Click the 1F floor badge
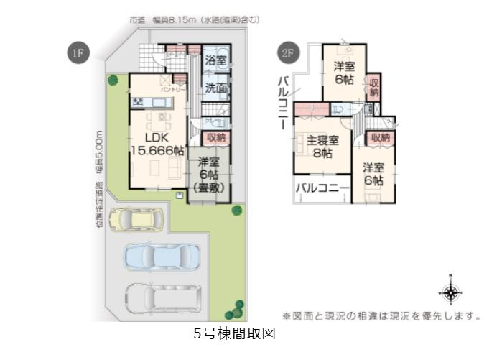click(x=75, y=54)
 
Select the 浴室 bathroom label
click(x=216, y=63)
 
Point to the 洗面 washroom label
click(x=216, y=88)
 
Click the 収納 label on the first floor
click(x=216, y=137)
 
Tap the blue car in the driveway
click(x=162, y=257)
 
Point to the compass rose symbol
click(x=450, y=291)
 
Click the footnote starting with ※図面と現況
click(x=381, y=315)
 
